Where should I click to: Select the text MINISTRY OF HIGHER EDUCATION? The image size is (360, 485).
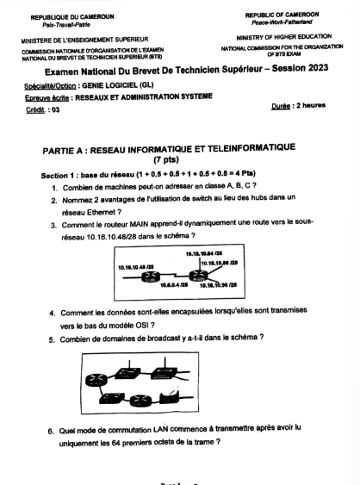282,37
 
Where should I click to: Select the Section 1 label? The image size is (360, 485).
58,176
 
